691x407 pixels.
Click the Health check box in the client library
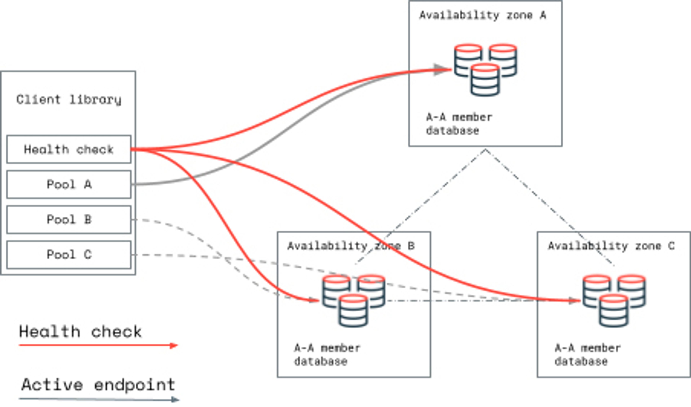tap(69, 149)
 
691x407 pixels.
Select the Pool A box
tap(69, 184)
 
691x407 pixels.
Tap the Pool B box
tap(69, 219)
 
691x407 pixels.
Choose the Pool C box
tap(69, 254)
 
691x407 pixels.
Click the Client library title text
tap(69, 99)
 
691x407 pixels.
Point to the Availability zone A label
tap(483, 15)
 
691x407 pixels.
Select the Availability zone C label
tap(611, 246)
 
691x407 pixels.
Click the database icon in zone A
tap(485, 70)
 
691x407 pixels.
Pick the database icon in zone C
tap(614, 301)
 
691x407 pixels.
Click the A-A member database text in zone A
tap(459, 124)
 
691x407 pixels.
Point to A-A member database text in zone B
tap(327, 355)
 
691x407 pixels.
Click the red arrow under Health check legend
tap(98, 345)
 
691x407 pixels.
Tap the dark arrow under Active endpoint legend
tap(99, 399)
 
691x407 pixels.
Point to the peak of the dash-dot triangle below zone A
tap(485, 150)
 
